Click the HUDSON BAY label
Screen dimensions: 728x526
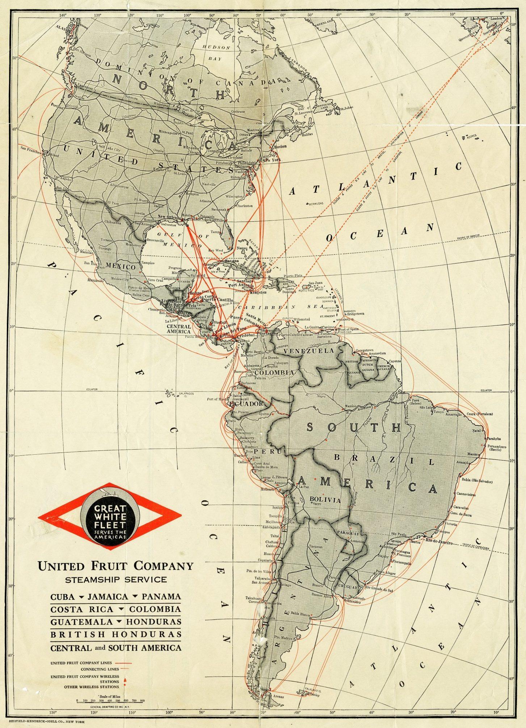coord(216,52)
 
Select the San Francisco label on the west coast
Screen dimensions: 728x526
coord(32,148)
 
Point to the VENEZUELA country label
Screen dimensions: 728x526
coord(309,351)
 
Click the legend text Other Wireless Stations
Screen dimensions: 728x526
coord(91,686)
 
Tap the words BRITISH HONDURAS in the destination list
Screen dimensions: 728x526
coord(116,635)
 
